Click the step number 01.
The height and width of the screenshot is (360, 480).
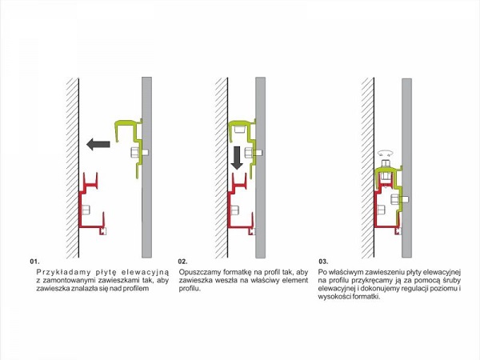tap(34, 262)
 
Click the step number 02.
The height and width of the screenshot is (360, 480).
tap(182, 262)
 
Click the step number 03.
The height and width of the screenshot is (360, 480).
tap(323, 262)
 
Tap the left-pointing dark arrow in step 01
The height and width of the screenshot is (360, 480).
tap(98, 144)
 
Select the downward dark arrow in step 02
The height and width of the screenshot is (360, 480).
tap(237, 158)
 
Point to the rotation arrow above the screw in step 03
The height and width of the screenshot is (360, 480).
tap(386, 152)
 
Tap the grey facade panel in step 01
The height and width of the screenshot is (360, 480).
tap(147, 167)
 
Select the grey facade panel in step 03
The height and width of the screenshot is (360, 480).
tap(407, 168)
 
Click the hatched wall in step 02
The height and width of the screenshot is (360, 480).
tap(222, 168)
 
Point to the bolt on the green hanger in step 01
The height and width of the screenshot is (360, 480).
tap(139, 152)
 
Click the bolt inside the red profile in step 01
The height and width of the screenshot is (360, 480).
tap(86, 210)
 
